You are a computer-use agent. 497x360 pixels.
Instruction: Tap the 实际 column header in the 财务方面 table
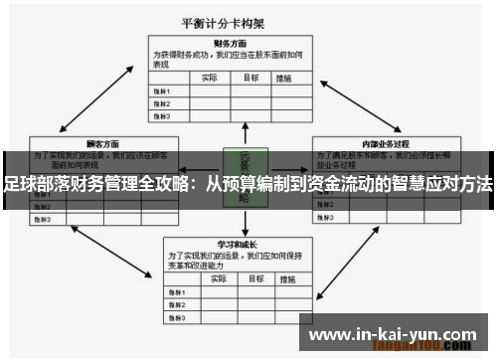click(209, 78)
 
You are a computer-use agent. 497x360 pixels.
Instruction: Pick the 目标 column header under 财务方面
click(251, 78)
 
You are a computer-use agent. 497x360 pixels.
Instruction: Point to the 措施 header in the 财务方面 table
click(286, 78)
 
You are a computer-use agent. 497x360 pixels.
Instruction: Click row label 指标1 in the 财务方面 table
click(161, 90)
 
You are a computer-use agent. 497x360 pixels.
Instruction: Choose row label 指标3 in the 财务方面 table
click(161, 115)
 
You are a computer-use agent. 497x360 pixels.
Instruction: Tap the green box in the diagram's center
click(244, 177)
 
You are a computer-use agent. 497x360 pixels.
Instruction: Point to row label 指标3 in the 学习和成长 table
click(175, 317)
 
